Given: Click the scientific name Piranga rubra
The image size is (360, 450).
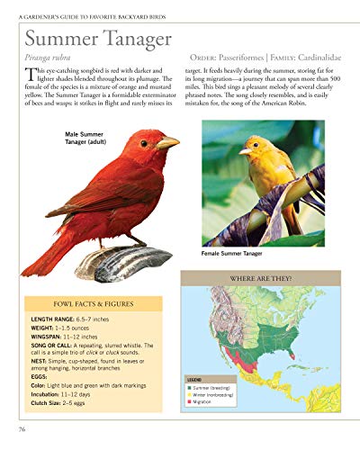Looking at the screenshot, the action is (x=48, y=58).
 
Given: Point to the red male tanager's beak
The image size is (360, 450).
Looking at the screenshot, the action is (x=167, y=142).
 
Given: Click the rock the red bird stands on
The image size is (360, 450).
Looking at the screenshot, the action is (x=117, y=262).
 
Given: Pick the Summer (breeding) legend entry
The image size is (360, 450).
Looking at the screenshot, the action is (x=215, y=387).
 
